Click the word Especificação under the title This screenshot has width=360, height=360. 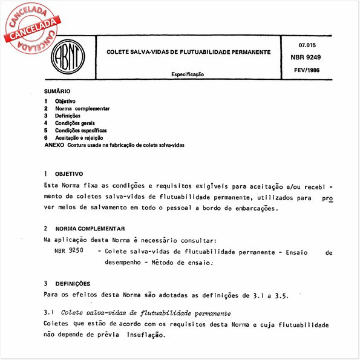pyautogui.click(x=188, y=74)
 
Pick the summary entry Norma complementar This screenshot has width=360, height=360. pyautogui.click(x=82, y=108)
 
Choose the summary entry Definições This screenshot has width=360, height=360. pyautogui.click(x=68, y=115)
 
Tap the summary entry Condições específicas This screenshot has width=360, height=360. pyautogui.click(x=80, y=130)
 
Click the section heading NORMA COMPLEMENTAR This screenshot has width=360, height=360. pyautogui.click(x=90, y=229)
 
